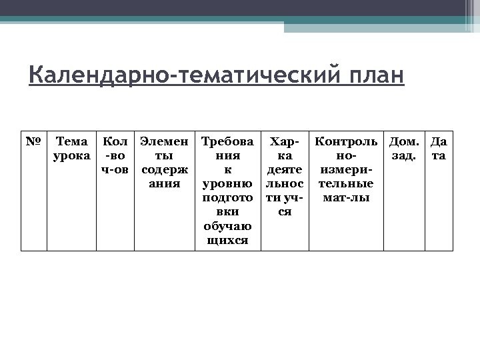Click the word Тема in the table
pos(72,141)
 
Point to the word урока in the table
pos(72,156)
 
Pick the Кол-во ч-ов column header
pos(115,156)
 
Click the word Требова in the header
pos(227,141)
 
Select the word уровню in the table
pos(227,184)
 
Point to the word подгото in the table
pos(227,198)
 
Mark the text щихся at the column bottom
pos(227,241)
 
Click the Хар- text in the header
pos(285,141)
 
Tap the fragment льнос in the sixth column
pos(285,184)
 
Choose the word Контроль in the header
pos(346,141)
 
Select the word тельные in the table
pos(346,184)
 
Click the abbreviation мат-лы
pos(346,198)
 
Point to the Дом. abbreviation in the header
pos(404,141)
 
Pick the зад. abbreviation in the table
pos(404,156)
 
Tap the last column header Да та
pos(439,149)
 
